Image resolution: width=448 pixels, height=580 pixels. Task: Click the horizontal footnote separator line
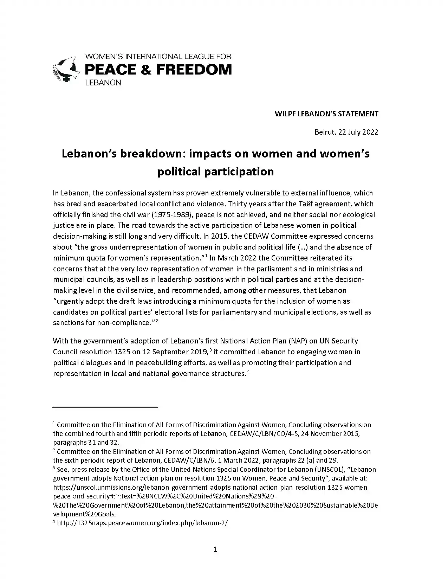pos(105,407)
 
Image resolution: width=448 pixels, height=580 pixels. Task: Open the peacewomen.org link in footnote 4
pos(142,523)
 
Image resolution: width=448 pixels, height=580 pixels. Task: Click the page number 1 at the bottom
pos(215,549)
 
